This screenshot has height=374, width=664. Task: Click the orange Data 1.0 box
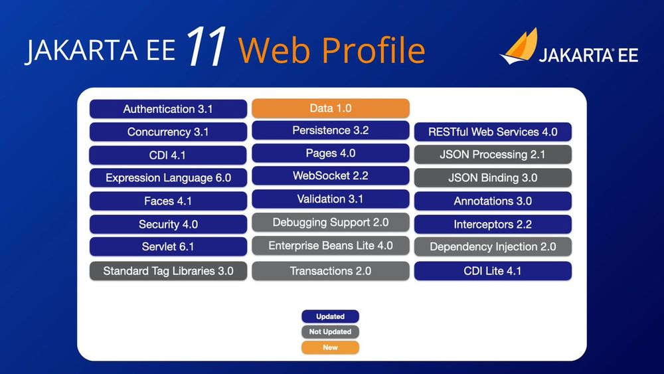pyautogui.click(x=331, y=108)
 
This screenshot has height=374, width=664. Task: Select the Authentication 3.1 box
pyautogui.click(x=168, y=109)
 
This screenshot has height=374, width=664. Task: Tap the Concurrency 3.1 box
pyautogui.click(x=168, y=132)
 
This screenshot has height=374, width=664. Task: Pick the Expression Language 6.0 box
pyautogui.click(x=168, y=178)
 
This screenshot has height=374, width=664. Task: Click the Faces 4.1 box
pyautogui.click(x=168, y=201)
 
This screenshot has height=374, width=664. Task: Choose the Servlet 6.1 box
pyautogui.click(x=168, y=247)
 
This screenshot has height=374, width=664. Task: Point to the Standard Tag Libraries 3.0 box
pyautogui.click(x=168, y=271)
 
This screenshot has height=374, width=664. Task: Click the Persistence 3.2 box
pyautogui.click(x=331, y=131)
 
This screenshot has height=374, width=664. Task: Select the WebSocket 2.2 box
pyautogui.click(x=331, y=176)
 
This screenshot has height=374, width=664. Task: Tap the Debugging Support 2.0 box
pyautogui.click(x=331, y=223)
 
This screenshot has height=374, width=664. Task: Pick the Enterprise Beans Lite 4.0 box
pyautogui.click(x=331, y=246)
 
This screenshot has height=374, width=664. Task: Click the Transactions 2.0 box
pyautogui.click(x=331, y=271)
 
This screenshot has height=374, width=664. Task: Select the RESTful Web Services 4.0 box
pyautogui.click(x=493, y=132)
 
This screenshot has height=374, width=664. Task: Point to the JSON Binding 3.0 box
pyautogui.click(x=493, y=178)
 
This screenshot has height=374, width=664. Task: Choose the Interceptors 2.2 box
pyautogui.click(x=493, y=225)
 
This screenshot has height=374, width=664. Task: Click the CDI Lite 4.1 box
pyautogui.click(x=493, y=271)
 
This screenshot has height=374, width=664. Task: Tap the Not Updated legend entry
pyautogui.click(x=330, y=331)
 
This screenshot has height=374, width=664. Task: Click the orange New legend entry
pyautogui.click(x=330, y=347)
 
